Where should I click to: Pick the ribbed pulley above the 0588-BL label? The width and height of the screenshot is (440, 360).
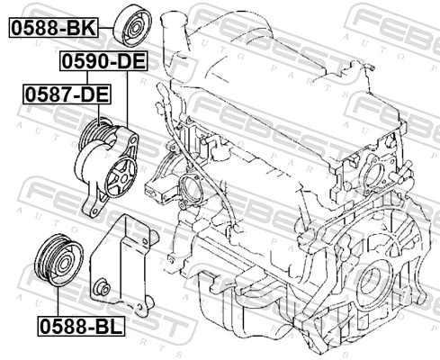55,259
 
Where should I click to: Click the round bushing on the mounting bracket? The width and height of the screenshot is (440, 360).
105,288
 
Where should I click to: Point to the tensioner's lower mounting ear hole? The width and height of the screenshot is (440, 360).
89,209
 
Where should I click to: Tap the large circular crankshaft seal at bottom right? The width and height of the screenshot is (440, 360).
369,289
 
